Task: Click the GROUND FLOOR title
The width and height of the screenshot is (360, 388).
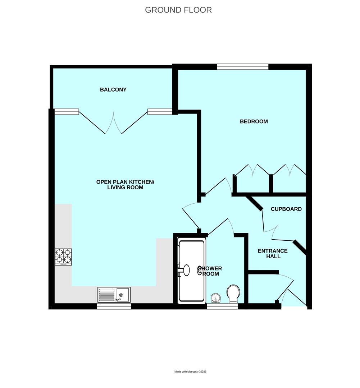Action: (x=178, y=10)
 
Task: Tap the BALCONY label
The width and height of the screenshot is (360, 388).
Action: (x=113, y=89)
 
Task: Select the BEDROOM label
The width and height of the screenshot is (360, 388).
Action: (x=254, y=121)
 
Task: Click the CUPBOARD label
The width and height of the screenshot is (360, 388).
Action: (x=286, y=209)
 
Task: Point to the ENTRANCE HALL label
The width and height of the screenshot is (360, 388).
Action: (x=273, y=254)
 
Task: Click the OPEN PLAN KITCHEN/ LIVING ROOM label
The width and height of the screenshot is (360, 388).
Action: (x=125, y=185)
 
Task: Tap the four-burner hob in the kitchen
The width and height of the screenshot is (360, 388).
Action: (x=63, y=257)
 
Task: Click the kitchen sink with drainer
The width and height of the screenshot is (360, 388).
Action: (x=114, y=295)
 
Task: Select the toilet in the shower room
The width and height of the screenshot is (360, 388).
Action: (x=233, y=294)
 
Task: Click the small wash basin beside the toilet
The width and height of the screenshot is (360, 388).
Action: (x=215, y=298)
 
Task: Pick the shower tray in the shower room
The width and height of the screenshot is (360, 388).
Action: (x=192, y=271)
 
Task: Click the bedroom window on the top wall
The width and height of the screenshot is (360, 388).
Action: (x=242, y=66)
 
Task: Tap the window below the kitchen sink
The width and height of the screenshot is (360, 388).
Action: (x=114, y=306)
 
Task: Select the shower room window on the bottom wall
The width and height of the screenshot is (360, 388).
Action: (x=222, y=306)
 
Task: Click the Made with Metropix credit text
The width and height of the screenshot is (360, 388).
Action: (x=190, y=371)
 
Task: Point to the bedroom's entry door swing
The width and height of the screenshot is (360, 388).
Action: (x=218, y=186)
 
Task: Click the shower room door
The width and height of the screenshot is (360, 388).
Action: (x=220, y=227)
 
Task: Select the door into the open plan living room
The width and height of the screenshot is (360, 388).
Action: (x=191, y=215)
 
